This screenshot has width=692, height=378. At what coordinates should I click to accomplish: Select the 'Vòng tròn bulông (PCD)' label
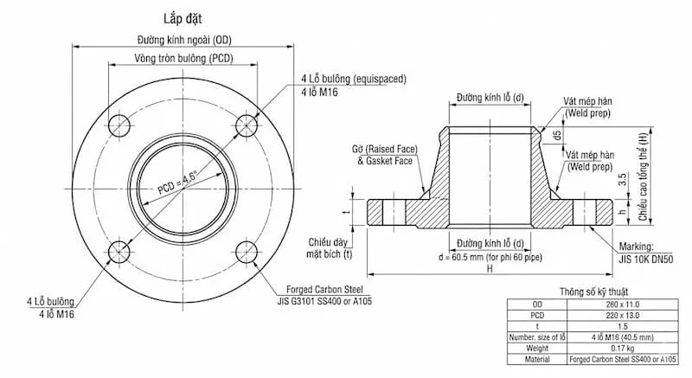(183, 58)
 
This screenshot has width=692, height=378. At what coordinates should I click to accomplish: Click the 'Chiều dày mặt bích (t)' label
(334, 247)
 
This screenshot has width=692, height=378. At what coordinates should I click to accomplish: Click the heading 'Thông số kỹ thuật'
(597, 292)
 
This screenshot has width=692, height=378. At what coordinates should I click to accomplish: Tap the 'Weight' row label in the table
(536, 346)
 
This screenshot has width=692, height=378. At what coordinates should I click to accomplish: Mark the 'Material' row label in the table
(536, 357)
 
